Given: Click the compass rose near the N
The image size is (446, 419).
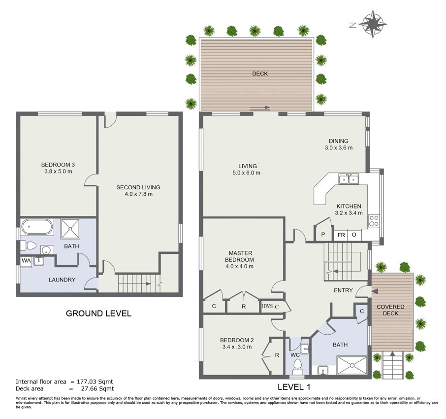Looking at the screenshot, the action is (373, 24).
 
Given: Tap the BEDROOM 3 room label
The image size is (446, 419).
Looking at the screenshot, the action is (58, 165).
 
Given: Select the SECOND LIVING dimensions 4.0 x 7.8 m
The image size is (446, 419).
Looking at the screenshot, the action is (138, 194).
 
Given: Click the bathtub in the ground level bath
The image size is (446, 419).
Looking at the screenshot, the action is (37, 226).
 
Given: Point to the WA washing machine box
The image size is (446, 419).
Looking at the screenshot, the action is (26, 261).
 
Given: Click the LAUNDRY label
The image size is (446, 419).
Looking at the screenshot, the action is (62, 279).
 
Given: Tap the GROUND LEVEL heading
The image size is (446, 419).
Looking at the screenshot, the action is (98, 314).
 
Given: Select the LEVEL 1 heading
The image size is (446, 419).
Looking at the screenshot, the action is (294, 387).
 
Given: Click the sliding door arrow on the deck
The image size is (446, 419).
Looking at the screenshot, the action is (260, 107).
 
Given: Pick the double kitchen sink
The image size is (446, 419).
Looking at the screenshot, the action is (349, 179).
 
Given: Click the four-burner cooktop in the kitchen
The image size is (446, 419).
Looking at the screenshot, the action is (374, 221).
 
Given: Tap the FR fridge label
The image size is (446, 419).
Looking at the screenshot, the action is (341, 235).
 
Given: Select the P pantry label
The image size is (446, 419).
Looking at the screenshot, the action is (323, 235).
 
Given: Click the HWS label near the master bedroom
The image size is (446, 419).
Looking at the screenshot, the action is (267, 306).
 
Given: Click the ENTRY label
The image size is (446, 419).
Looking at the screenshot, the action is (343, 290).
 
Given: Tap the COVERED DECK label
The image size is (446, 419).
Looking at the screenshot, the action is (390, 310).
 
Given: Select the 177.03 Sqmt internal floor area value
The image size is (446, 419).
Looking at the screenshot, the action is (95, 382).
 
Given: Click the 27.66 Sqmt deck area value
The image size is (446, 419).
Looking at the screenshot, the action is (96, 388).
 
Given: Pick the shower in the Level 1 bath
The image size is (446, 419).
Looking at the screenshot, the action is (352, 365).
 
